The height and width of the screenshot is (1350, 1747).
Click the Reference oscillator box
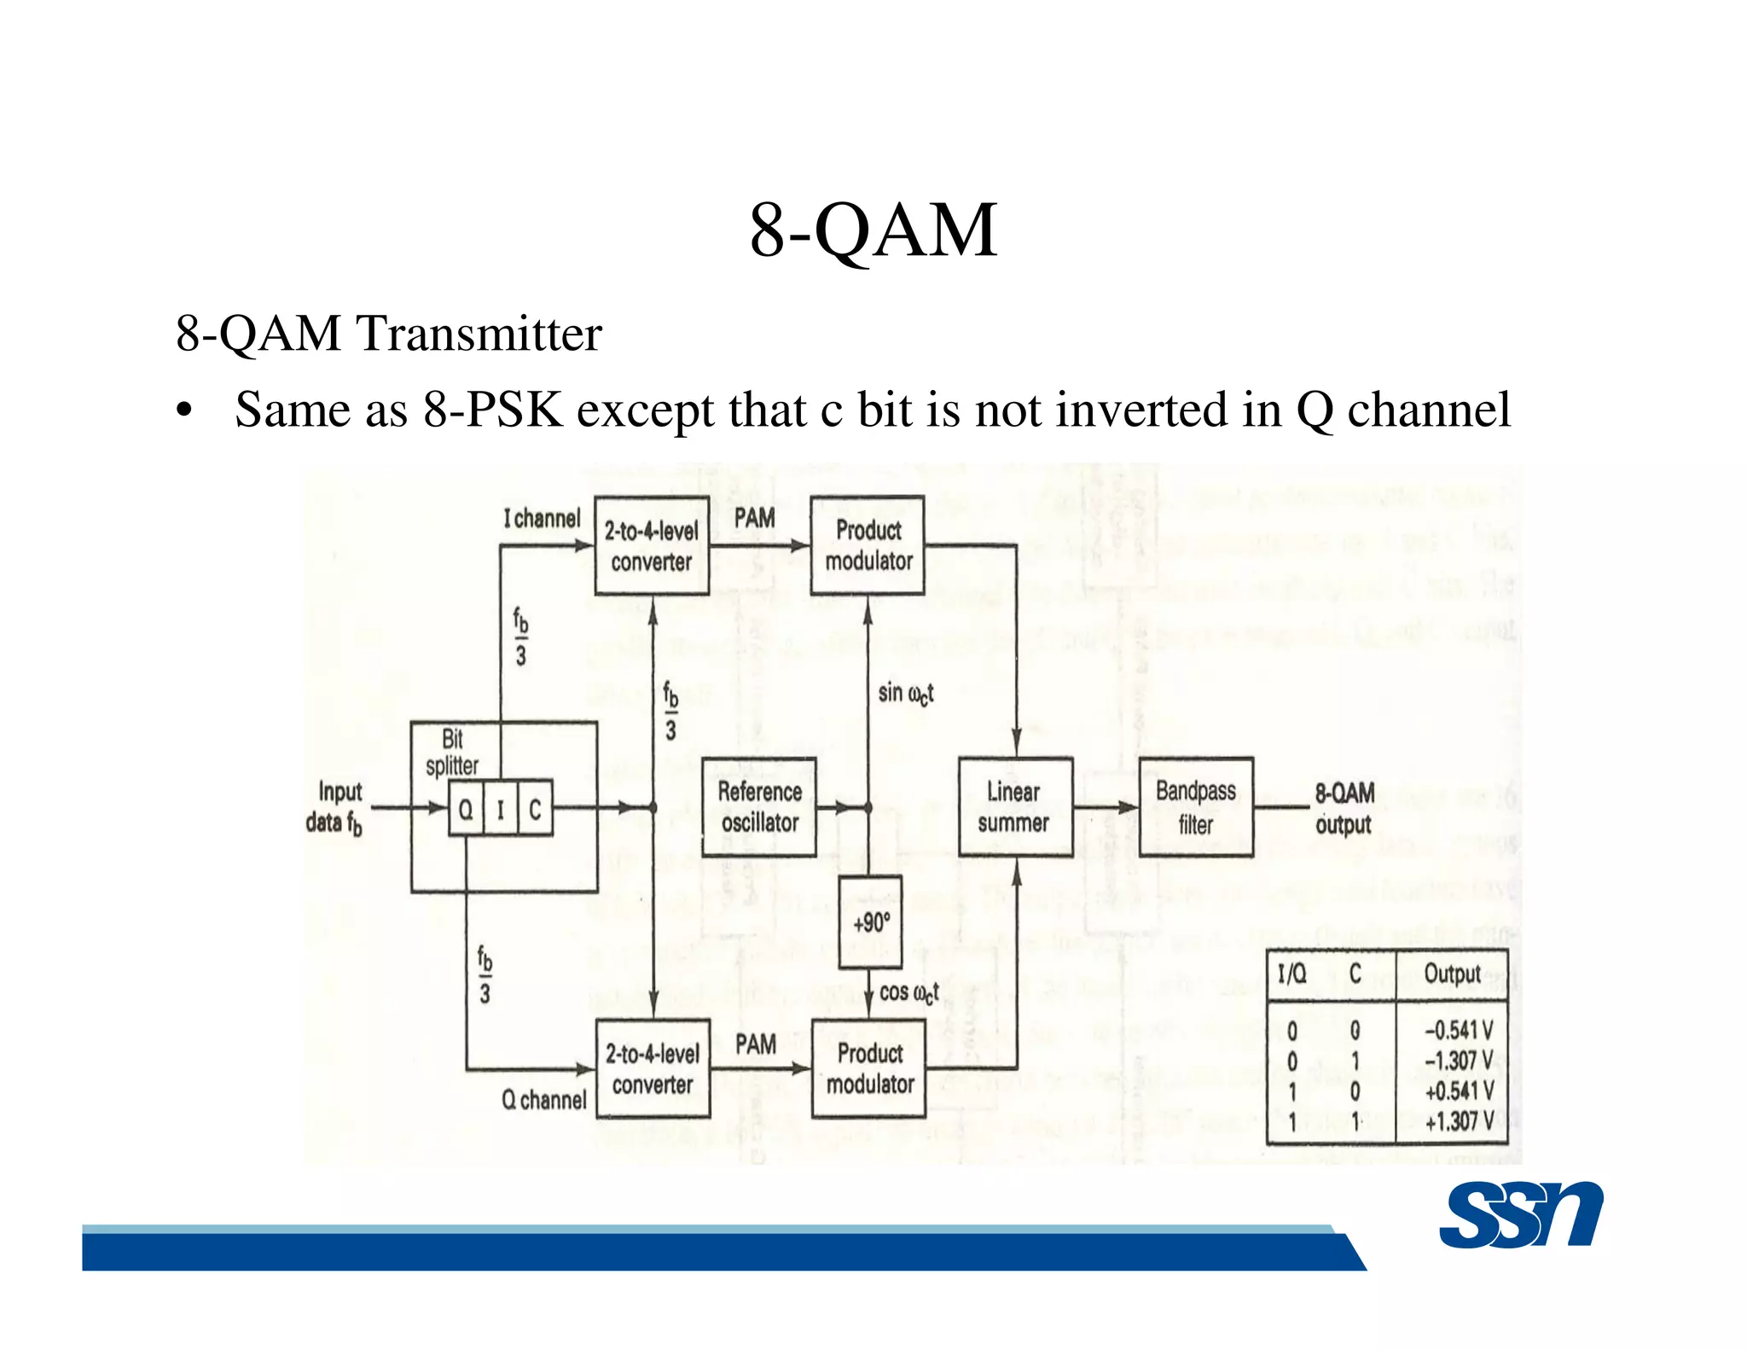pyautogui.click(x=758, y=806)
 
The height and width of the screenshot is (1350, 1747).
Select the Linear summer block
pyautogui.click(x=1015, y=806)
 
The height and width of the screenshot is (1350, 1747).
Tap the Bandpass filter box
pyautogui.click(x=1196, y=806)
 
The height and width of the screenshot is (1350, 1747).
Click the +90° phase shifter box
pyautogui.click(x=870, y=922)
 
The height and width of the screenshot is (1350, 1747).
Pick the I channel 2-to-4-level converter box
pyautogui.click(x=651, y=545)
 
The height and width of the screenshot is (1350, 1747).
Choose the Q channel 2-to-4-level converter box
pyautogui.click(x=653, y=1068)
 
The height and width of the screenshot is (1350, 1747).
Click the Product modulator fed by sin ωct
pyautogui.click(x=868, y=545)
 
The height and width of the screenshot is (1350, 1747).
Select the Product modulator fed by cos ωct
pyautogui.click(x=869, y=1068)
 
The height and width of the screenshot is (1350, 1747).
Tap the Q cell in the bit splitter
pyautogui.click(x=466, y=808)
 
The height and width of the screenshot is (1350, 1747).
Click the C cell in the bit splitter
pyautogui.click(x=535, y=808)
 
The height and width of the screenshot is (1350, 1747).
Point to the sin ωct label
pyautogui.click(x=905, y=693)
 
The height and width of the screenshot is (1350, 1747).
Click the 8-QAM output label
pyautogui.click(x=1344, y=808)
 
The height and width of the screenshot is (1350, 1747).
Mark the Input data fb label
pyautogui.click(x=334, y=807)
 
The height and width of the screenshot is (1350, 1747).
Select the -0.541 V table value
pyautogui.click(x=1459, y=1030)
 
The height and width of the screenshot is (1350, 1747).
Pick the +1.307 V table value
pyautogui.click(x=1459, y=1121)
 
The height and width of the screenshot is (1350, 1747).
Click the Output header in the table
pyautogui.click(x=1452, y=974)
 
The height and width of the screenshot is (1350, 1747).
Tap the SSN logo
pyautogui.click(x=1521, y=1215)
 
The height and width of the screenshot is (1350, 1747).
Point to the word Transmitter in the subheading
pyautogui.click(x=479, y=333)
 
